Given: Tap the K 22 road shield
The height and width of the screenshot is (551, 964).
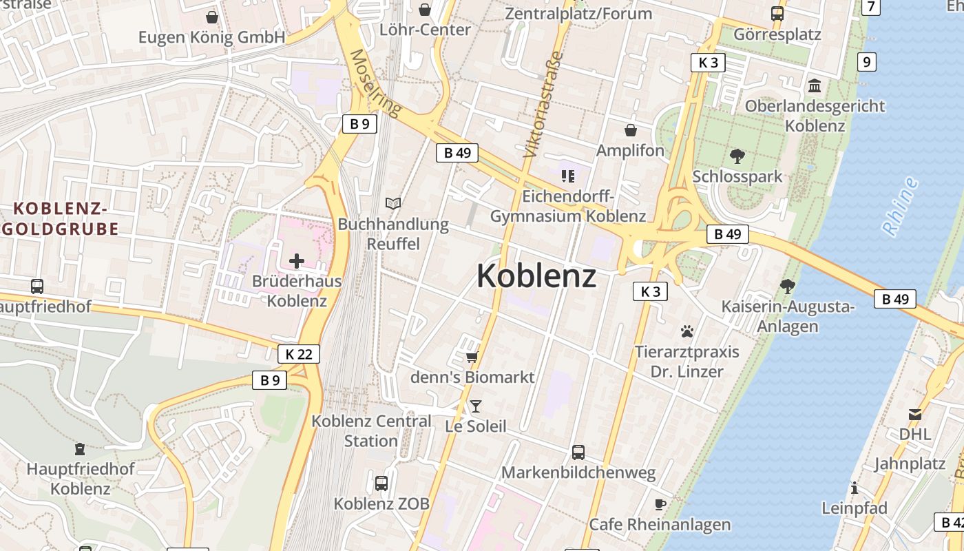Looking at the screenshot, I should point(299,354).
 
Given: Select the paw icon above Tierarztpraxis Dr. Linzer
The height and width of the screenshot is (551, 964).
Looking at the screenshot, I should point(687,331).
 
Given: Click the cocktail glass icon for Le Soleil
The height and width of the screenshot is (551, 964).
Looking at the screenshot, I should point(475,406).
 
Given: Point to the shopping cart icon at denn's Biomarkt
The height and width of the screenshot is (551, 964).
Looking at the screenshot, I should point(472,357).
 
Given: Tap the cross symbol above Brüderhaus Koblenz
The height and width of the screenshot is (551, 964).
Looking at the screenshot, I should point(297,261).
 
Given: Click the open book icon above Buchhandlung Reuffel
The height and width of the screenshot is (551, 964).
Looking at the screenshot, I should point(392,204).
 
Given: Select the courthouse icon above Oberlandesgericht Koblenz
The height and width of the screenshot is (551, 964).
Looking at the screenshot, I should point(815,86).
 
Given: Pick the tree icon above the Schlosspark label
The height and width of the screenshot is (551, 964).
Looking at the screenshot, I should point(737,156).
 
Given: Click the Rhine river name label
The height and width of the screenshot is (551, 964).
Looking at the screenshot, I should point(901,207).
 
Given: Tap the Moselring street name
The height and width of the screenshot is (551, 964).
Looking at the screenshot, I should point(375,83).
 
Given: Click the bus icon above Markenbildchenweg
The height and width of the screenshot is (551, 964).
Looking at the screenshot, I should point(578,453).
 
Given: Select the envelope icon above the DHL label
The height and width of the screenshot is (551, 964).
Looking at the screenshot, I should point(915,414).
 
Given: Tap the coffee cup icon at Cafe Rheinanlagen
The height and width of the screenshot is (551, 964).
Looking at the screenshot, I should point(660,504).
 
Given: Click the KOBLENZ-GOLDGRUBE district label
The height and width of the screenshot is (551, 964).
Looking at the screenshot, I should point(61,218).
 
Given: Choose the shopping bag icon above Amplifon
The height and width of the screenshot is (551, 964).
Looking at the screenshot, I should point(630,130).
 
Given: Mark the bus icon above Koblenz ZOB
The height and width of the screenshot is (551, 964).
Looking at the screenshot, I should point(381,484).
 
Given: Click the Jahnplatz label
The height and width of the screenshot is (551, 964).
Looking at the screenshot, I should point(910,464).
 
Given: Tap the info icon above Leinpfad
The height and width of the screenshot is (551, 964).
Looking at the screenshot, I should point(854,488).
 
